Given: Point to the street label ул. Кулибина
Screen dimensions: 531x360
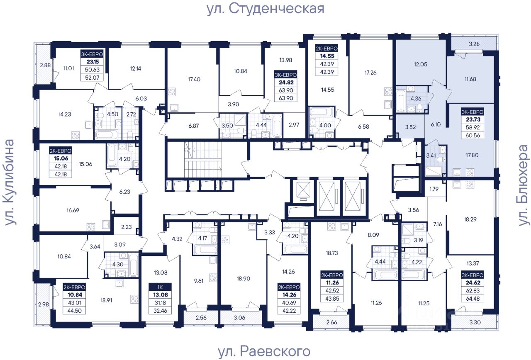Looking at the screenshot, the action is point(10,182).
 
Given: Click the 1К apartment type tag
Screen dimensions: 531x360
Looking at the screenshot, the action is point(160,287).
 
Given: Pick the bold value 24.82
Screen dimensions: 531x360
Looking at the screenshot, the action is point(286,82).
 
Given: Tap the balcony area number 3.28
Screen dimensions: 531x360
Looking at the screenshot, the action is point(474,44).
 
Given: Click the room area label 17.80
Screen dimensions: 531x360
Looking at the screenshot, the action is point(472,155).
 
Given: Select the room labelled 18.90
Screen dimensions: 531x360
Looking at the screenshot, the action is point(244,278).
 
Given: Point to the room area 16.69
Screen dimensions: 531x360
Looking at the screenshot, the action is point(73,210).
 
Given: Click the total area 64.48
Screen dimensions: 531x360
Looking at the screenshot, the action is point(473,299).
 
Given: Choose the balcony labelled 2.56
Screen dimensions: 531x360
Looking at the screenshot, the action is point(201,318).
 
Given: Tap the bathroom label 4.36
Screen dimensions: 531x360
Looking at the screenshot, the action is point(416,98).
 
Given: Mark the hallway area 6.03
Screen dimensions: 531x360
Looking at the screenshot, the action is point(141,98).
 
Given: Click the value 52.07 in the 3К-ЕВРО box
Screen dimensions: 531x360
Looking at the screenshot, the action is point(92,78).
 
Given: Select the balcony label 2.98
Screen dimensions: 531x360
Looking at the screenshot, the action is point(44,304).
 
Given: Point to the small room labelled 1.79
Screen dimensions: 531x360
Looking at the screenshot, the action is point(434,189).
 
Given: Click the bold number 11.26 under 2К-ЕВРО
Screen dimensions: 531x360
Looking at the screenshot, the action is point(332,282).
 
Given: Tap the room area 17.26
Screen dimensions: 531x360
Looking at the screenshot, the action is point(370,73).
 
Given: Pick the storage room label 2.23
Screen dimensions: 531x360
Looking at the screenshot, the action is point(127,227).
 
